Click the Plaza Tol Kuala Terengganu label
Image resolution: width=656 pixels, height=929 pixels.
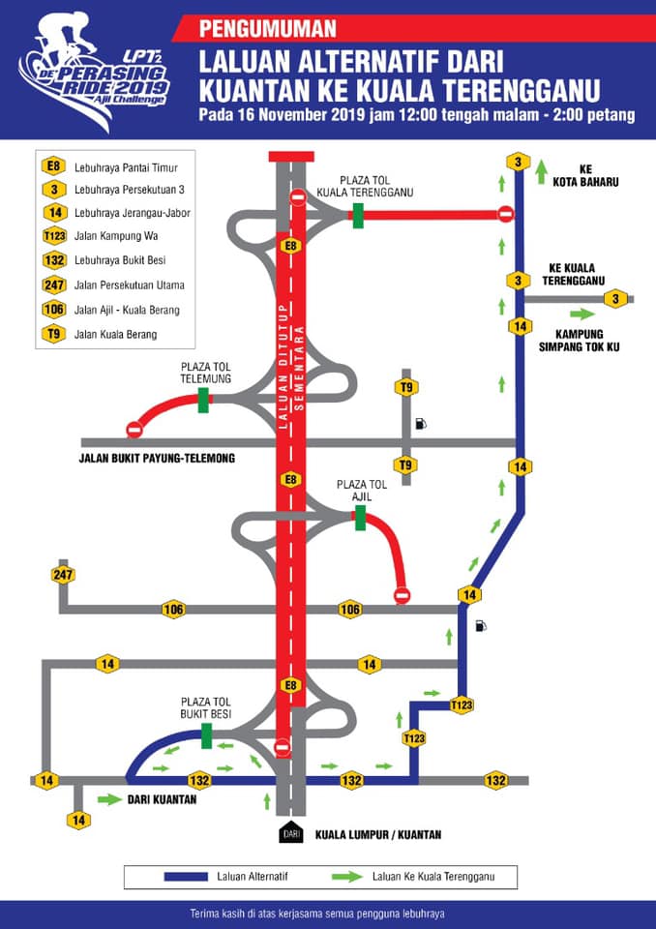[365, 186]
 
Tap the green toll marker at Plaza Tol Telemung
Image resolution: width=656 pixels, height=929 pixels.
[203, 400]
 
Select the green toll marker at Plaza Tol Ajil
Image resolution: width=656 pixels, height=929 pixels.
[360, 518]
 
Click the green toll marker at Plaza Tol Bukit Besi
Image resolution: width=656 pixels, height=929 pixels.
[207, 735]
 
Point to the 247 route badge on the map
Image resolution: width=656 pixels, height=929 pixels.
[63, 575]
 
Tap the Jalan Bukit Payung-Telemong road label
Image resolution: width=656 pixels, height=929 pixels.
[157, 458]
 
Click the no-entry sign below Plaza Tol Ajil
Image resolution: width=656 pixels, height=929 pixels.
[403, 594]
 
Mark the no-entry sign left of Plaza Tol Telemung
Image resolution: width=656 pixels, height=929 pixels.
[134, 429]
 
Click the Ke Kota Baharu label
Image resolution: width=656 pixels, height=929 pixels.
[585, 176]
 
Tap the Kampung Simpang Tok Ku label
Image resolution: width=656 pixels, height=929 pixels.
[579, 341]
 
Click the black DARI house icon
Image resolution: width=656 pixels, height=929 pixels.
[291, 832]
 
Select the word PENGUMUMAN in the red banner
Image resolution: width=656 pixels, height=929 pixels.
[268, 28]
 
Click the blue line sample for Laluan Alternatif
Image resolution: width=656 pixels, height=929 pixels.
[186, 877]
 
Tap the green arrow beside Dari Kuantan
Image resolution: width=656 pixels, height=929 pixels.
[109, 800]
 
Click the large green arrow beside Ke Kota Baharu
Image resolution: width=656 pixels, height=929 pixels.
[541, 172]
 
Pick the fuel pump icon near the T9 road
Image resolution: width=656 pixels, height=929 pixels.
[421, 424]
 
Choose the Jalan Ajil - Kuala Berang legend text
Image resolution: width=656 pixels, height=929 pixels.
[127, 310]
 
